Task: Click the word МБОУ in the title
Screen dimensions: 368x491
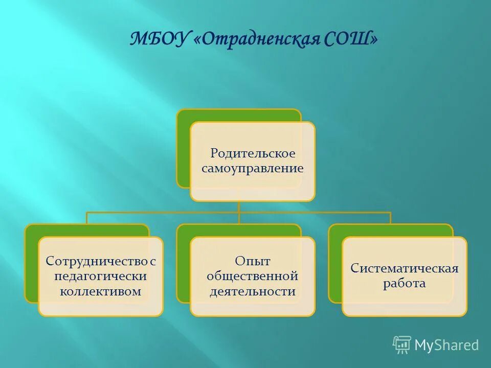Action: coord(159,39)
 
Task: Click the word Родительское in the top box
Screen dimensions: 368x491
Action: coord(253,153)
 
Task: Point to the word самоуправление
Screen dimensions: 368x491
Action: coord(253,168)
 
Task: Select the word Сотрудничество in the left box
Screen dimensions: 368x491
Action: coord(97,261)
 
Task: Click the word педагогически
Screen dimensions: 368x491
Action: coord(101,277)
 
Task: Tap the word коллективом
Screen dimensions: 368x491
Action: coord(101,291)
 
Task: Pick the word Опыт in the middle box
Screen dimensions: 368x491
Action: coord(252,261)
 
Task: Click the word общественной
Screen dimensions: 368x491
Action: coord(252,277)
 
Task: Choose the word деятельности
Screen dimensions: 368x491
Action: coord(252,291)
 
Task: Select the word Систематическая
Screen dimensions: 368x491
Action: coord(404,269)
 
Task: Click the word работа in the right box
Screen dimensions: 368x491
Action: coord(404,284)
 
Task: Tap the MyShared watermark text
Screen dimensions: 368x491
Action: coord(447,345)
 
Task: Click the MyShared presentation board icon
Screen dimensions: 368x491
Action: coord(402,345)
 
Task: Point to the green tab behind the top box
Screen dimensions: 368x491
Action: coord(184,153)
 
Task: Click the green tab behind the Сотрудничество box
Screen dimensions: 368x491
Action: coord(31,266)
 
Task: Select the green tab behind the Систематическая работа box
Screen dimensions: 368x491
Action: coord(335,266)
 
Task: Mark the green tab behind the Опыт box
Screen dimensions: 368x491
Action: coord(183,266)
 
